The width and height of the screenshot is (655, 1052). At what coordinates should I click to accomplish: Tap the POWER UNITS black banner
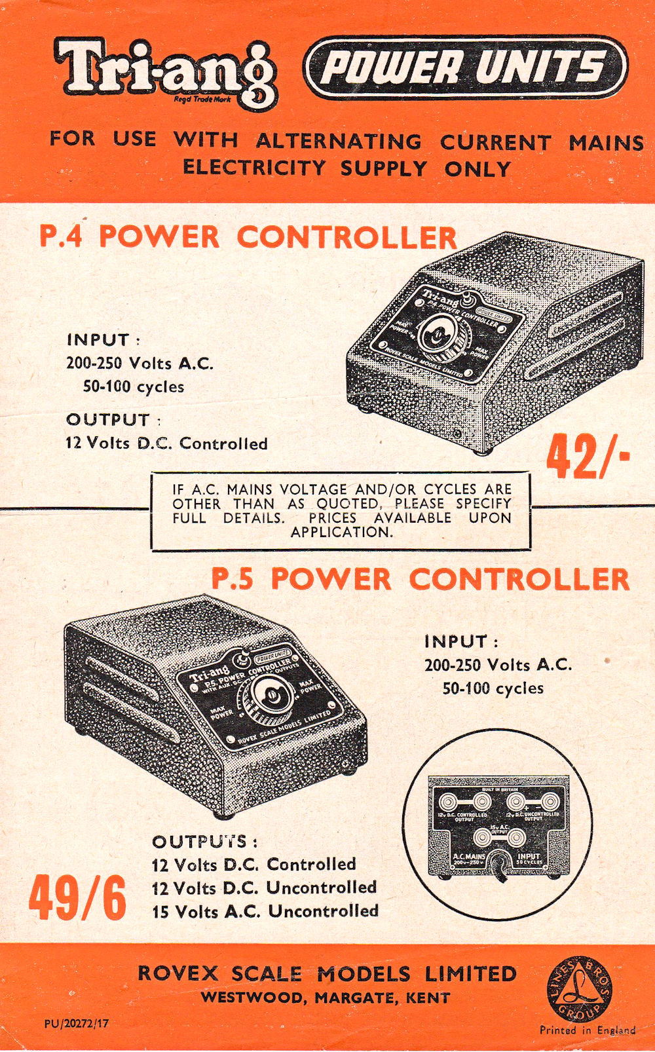click(x=465, y=67)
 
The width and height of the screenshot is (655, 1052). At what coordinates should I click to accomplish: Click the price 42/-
click(x=588, y=457)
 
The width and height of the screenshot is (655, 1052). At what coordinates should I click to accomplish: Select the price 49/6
click(x=77, y=897)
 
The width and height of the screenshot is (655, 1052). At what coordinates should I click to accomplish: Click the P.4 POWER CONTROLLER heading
click(x=248, y=236)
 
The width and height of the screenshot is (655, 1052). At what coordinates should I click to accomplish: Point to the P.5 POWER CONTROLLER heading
click(x=420, y=579)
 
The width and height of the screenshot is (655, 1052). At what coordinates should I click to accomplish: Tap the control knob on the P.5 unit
click(x=269, y=697)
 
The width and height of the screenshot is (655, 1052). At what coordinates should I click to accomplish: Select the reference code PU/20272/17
click(x=77, y=1023)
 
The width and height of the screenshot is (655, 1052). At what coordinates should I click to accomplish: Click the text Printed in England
click(x=587, y=1030)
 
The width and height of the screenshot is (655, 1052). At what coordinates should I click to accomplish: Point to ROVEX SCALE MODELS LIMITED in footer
click(x=327, y=974)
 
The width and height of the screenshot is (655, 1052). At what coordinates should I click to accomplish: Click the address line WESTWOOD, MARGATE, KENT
click(x=326, y=998)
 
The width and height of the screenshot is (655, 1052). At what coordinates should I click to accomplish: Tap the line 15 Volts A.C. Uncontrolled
click(x=265, y=911)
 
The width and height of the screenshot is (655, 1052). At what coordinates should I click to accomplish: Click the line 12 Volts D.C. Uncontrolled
click(x=264, y=888)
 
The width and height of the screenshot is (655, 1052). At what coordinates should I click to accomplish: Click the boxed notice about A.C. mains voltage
click(x=341, y=510)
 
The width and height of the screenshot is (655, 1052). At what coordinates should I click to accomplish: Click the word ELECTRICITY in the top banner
click(x=253, y=168)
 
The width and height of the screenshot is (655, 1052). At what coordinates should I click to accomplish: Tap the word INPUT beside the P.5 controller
click(x=456, y=641)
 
